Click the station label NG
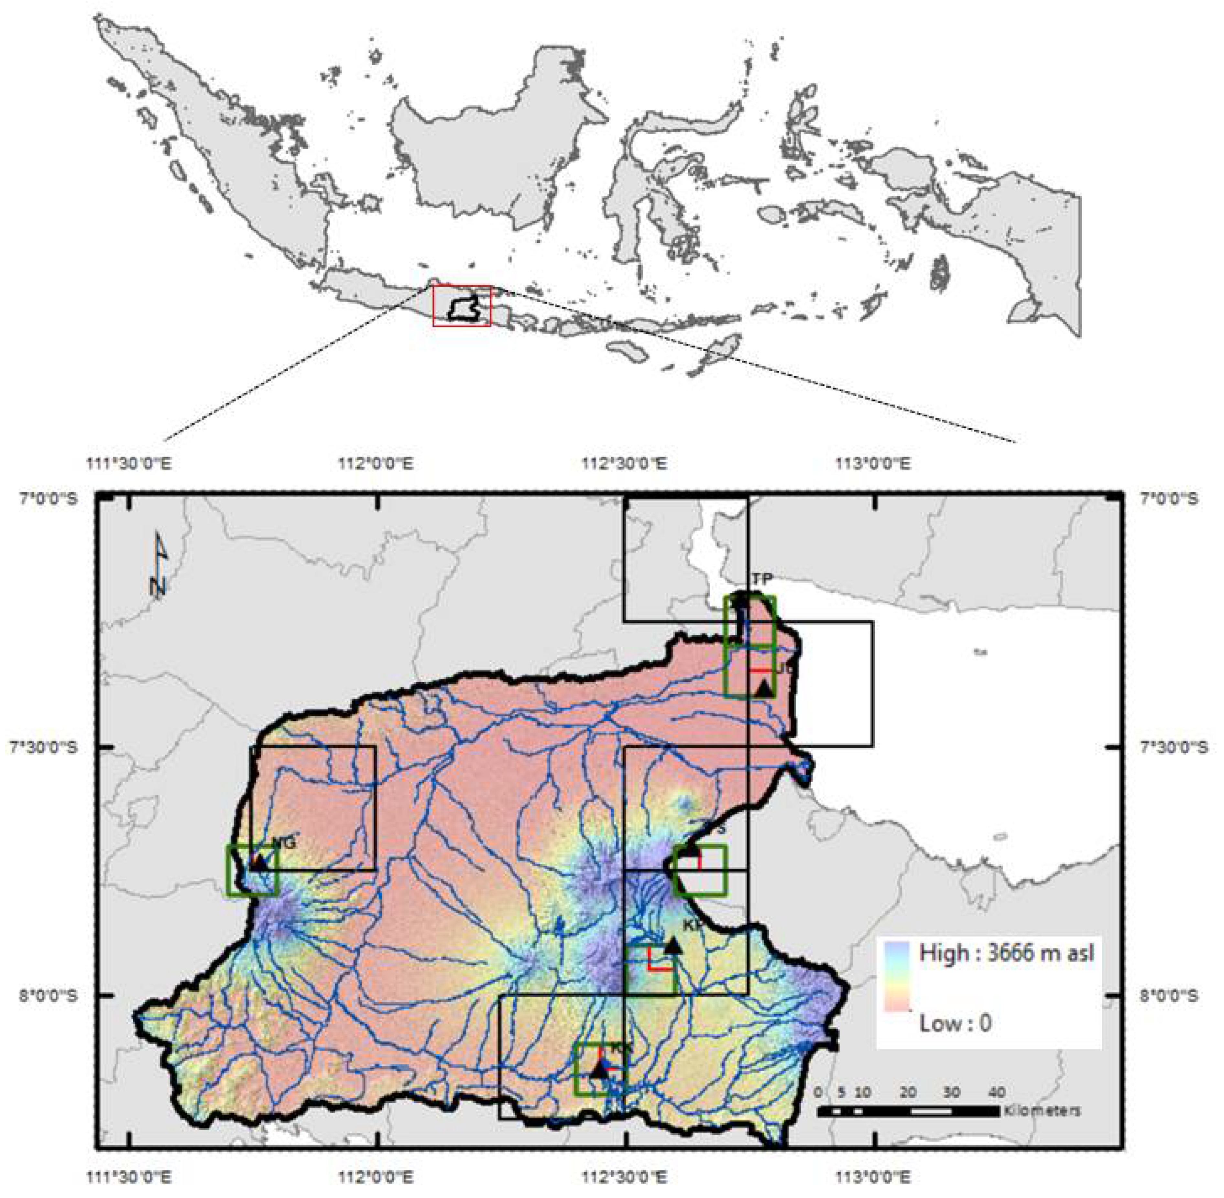coord(284,843)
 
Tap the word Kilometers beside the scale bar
coord(1043,1111)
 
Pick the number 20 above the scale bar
coord(908,1092)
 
